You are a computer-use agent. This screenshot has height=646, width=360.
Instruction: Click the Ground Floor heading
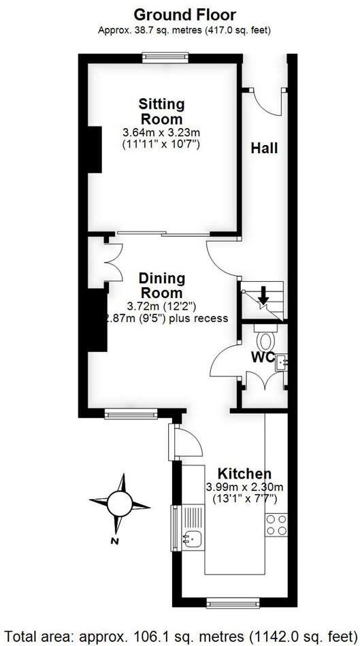(x=184, y=14)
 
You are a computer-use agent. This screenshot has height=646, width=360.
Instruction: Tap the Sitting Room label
(x=161, y=112)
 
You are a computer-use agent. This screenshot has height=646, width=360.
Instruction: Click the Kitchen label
(x=244, y=473)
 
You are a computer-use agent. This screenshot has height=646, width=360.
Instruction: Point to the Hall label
(x=264, y=148)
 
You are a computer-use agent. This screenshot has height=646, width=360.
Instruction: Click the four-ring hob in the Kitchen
(x=276, y=525)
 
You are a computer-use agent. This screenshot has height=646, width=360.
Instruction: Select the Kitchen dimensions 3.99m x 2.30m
(x=245, y=487)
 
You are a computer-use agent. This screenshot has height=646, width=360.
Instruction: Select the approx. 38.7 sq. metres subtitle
(x=184, y=30)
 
